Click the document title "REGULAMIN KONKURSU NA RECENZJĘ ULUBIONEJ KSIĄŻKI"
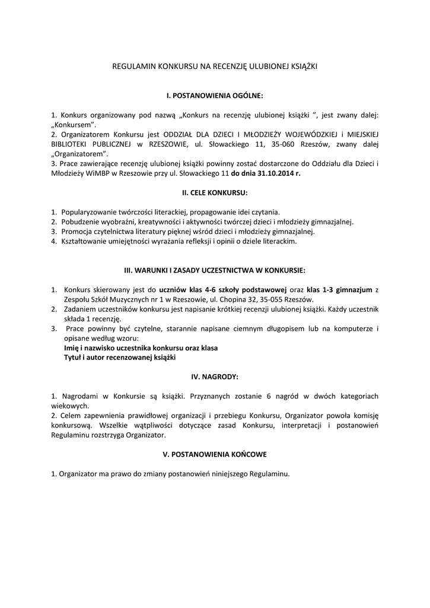click(x=215, y=67)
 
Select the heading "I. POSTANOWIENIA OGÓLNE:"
click(x=214, y=95)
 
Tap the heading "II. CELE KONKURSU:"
click(x=215, y=193)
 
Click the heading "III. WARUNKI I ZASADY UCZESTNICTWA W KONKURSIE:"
click(x=215, y=270)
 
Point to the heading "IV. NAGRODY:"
click(x=215, y=376)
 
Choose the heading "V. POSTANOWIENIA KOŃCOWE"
click(x=215, y=454)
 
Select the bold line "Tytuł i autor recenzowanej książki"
click(x=120, y=357)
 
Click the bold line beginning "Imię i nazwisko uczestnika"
click(x=141, y=348)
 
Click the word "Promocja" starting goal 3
click(x=76, y=232)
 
